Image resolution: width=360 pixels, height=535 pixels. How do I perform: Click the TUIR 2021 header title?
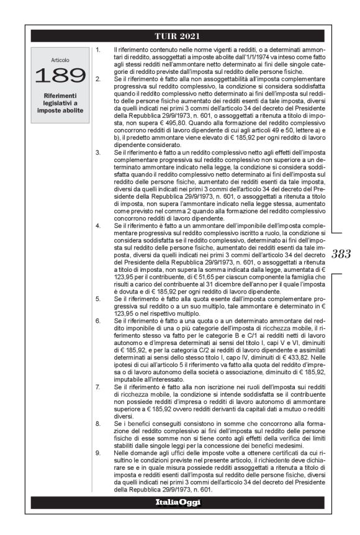click(179, 35)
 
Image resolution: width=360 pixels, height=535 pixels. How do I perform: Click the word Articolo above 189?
click(61, 60)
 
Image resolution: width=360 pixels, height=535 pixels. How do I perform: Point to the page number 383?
click(341, 253)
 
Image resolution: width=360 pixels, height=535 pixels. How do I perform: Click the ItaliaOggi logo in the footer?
click(179, 501)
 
